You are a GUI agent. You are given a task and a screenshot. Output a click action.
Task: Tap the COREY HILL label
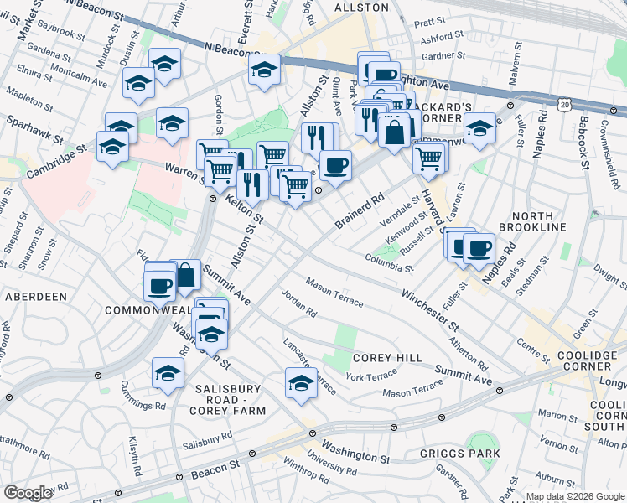386,358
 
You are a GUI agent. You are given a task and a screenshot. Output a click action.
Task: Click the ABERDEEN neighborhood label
36,297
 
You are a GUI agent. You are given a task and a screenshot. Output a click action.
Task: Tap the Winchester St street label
430,309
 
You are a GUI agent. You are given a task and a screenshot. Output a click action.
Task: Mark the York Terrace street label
370,377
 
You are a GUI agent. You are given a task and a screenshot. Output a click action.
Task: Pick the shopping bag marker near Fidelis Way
184,274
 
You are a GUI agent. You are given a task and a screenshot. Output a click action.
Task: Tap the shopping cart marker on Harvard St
429,156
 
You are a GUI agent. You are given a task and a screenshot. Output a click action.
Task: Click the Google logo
28,493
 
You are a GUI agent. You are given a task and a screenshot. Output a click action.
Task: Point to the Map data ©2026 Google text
575,496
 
